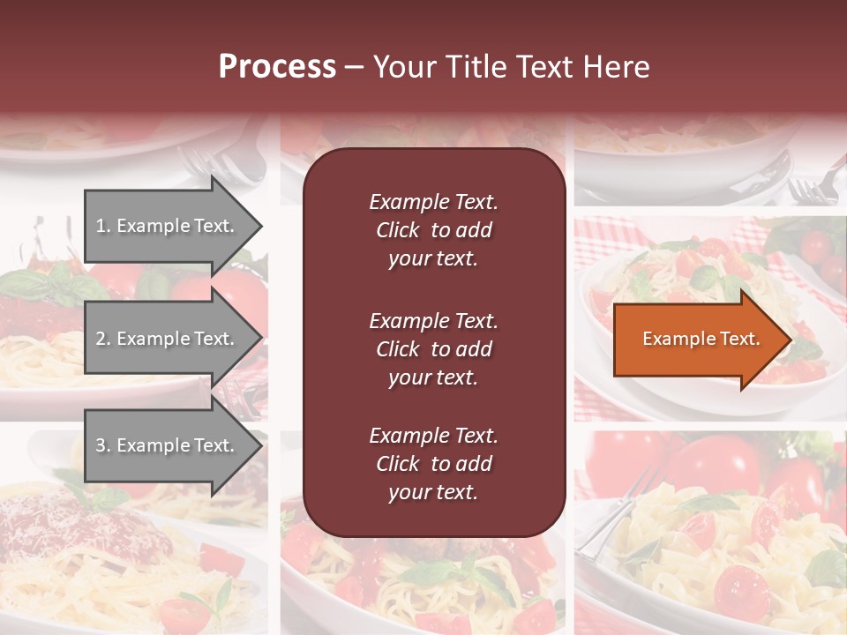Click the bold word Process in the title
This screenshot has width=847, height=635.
[277, 67]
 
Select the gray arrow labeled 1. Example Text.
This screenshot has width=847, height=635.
[168, 226]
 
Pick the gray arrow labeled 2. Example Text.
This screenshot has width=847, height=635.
[168, 339]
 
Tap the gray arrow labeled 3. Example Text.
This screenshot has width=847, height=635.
[168, 445]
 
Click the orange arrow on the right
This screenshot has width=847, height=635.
[697, 339]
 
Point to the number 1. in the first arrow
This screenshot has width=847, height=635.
[104, 226]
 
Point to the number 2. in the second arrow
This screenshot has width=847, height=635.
[104, 339]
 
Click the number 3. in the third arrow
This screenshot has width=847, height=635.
[104, 445]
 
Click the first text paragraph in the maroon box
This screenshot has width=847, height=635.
[433, 230]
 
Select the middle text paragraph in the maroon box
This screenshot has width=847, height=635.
[433, 349]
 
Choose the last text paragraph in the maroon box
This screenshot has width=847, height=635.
[433, 464]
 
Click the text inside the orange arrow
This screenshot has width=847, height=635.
[701, 339]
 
